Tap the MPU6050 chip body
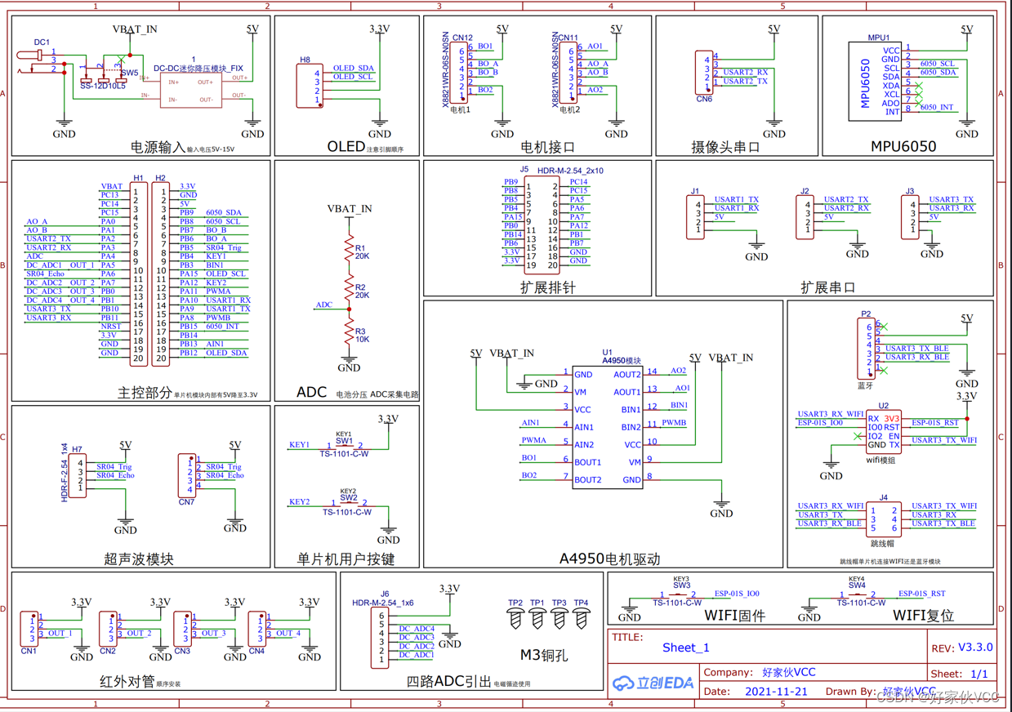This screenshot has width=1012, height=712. pyautogui.click(x=875, y=80)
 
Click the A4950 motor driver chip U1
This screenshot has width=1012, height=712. pyautogui.click(x=606, y=426)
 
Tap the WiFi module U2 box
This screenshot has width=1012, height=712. pyautogui.click(x=884, y=431)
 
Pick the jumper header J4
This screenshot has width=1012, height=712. pyautogui.click(x=884, y=519)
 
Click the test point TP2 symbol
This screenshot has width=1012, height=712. pyautogui.click(x=515, y=620)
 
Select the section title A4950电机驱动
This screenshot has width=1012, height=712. pyautogui.click(x=609, y=559)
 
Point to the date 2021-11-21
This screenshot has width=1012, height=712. pyautogui.click(x=776, y=691)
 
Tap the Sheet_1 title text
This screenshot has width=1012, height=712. pyautogui.click(x=685, y=647)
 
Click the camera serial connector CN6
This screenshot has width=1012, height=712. pyautogui.click(x=703, y=73)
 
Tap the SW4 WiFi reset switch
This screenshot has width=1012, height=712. pyautogui.click(x=857, y=595)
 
